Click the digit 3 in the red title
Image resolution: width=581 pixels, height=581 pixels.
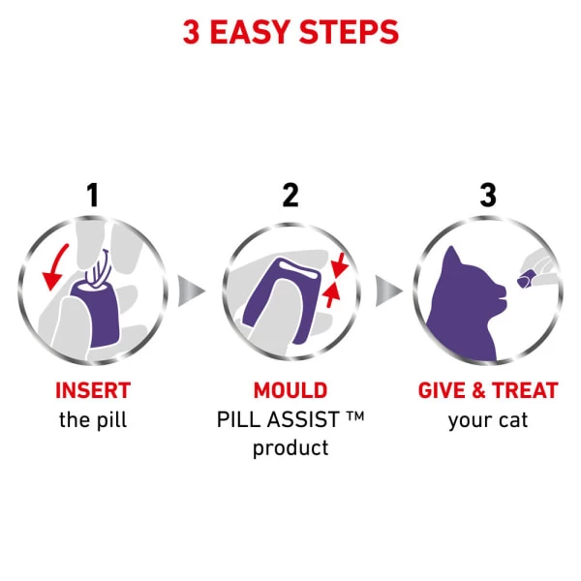pos(192,31)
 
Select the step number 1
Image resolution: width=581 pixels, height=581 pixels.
pos(93,195)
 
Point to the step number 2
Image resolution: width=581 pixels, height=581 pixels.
pos(290,195)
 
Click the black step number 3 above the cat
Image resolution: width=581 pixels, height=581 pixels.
pos(487,195)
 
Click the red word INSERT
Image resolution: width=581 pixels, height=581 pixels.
pos(93,391)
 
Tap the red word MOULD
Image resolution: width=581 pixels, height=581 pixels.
pos(290,391)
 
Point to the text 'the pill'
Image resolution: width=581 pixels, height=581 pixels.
pos(93,421)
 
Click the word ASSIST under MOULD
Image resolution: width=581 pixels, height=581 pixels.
pos(306,421)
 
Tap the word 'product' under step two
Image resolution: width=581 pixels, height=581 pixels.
pos(290,449)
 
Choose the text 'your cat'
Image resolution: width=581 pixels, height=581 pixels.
pos(487,421)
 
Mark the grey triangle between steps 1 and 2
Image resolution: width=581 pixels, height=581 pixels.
pos(192,290)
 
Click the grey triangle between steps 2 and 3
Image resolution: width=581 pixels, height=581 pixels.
pos(388,290)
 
